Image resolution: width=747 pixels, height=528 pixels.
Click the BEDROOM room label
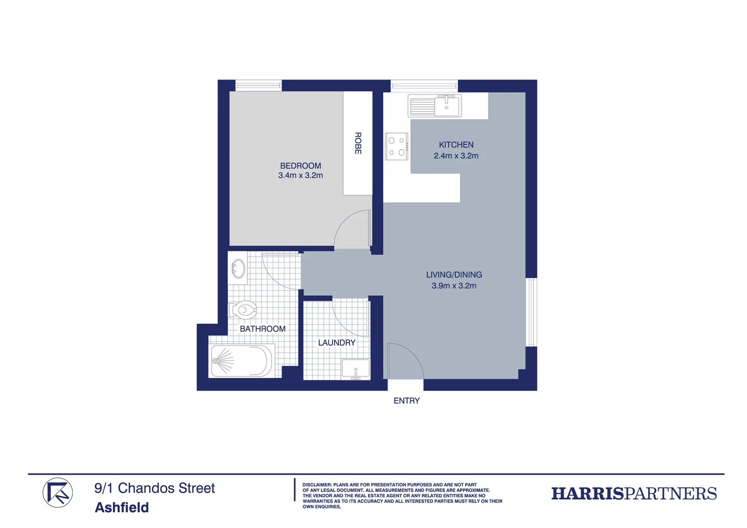pos(300,166)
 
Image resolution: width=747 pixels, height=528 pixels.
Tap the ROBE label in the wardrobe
pos(358,143)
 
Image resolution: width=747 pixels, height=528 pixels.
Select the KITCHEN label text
pos(456,145)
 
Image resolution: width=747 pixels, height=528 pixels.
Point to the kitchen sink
pos(435,106)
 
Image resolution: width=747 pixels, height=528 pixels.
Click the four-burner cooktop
pos(396,147)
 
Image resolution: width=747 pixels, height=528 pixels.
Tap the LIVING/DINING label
pos(454,275)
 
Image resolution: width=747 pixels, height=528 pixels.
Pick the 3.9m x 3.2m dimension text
pos(454,286)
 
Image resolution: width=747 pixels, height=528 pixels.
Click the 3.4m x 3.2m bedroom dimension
pos(300,176)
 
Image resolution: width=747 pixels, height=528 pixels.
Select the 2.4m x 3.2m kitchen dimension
pos(456,156)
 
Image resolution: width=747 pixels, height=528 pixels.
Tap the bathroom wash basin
pos(239,268)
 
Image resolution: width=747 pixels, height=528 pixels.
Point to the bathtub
pos(242,361)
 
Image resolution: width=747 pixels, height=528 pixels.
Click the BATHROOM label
pos(263,329)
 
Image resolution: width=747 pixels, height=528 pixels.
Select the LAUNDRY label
pos(336,343)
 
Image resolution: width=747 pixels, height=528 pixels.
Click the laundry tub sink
pos(355,369)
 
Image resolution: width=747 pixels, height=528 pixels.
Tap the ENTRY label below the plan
pos(406,401)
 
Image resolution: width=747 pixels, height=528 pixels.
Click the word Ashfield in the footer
pos(122,507)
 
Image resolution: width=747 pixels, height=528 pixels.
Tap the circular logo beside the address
pos(58,493)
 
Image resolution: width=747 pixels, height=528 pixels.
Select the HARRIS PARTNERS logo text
pos(634,494)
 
